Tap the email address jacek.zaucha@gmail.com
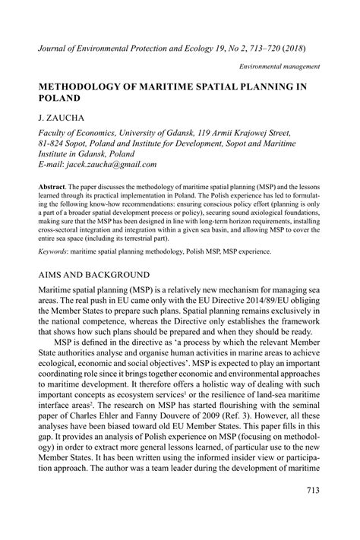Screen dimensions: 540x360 point(111,163)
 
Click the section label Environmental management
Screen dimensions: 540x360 point(279,66)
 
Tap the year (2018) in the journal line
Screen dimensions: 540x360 point(292,46)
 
